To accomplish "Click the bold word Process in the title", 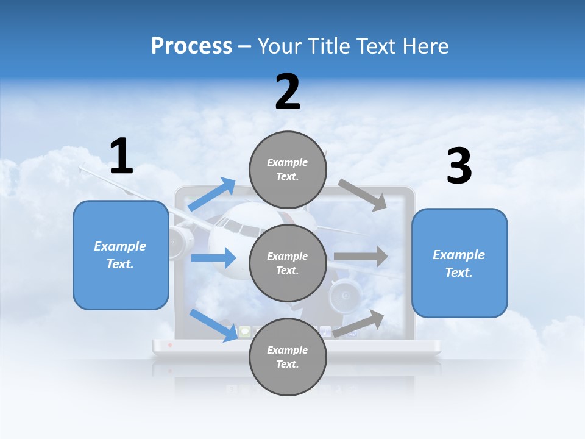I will tap(191, 46).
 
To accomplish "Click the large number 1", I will tap(121, 156).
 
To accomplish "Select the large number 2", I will tap(288, 92).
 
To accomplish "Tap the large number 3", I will tap(459, 166).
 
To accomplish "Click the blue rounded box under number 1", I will tap(121, 255).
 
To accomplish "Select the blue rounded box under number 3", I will tap(459, 263).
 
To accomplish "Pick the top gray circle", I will tap(288, 170).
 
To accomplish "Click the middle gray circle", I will tap(288, 263).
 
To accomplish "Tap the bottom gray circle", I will tap(288, 357).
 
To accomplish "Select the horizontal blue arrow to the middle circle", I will tap(213, 258).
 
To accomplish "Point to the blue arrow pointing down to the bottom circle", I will tap(213, 324).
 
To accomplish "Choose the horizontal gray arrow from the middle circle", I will tap(361, 257).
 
